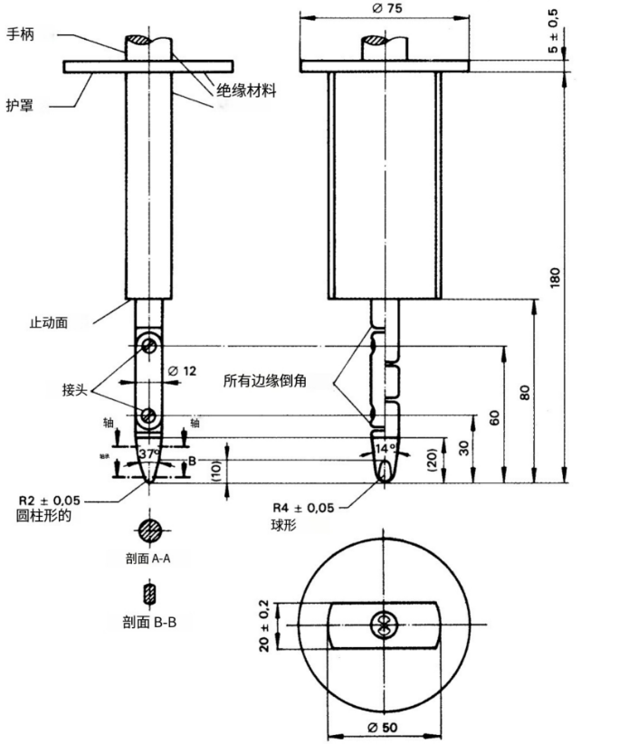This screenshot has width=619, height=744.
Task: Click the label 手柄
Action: [x=22, y=34]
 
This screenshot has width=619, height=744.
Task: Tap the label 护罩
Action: [x=22, y=105]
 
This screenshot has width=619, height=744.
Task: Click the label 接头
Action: [x=76, y=389]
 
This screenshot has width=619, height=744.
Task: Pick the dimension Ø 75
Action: [x=386, y=8]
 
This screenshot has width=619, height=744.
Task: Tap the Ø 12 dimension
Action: [x=184, y=370]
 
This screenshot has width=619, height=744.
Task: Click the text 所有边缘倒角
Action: [x=265, y=381]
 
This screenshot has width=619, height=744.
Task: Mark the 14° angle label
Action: [x=386, y=448]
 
